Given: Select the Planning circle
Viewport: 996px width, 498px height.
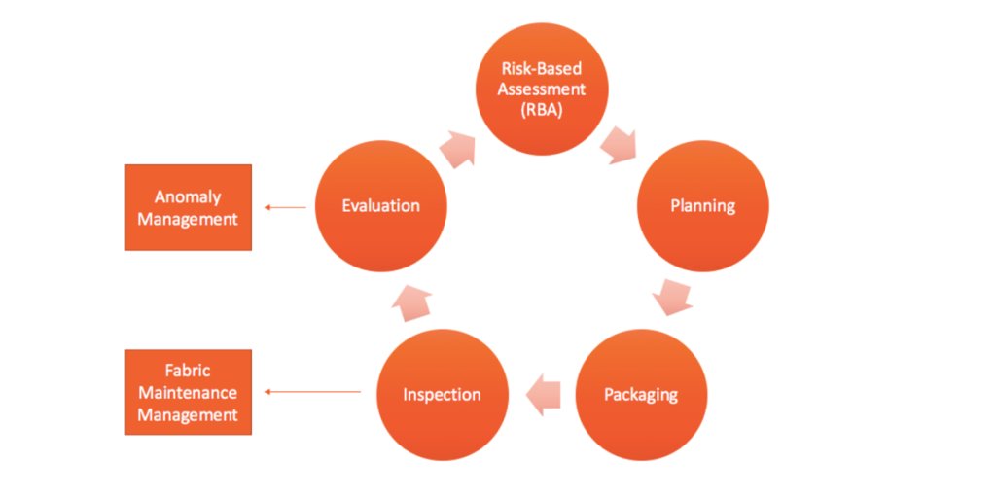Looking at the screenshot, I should [x=702, y=205].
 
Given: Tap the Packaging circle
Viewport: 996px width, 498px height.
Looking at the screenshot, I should [x=641, y=394].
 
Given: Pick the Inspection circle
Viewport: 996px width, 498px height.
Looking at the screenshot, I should [x=443, y=394].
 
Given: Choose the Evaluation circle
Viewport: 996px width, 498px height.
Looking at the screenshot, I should [x=381, y=205].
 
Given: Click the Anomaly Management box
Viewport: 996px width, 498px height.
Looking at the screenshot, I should [x=188, y=207].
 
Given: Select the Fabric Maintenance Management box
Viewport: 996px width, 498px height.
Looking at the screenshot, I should [x=188, y=392].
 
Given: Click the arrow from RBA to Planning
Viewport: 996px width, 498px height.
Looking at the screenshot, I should [x=619, y=145].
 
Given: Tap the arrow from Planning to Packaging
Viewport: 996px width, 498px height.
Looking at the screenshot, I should [x=672, y=297].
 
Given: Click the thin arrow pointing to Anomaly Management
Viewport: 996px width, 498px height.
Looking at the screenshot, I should [x=286, y=206].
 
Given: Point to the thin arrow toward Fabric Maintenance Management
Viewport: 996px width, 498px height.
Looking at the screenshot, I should [x=312, y=392].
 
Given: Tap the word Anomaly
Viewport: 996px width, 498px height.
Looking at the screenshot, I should [x=188, y=197].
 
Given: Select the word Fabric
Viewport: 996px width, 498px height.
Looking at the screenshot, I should [x=188, y=372].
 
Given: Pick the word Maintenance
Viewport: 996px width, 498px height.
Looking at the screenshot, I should [x=188, y=393].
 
